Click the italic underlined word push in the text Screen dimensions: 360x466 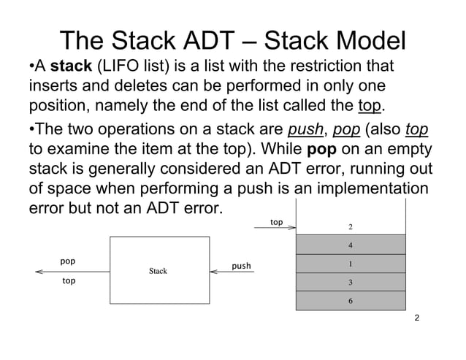pos(304,131)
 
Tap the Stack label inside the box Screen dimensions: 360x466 pos(158,271)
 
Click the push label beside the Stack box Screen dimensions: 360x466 pos(241,266)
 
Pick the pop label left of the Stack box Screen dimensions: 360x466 pos(68,260)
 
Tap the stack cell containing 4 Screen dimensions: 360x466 pos(351,245)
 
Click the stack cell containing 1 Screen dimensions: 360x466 pos(351,264)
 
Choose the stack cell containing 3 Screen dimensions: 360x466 pos(351,282)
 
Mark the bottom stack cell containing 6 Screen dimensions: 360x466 pos(351,301)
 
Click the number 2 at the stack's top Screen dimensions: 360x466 pos(351,226)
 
